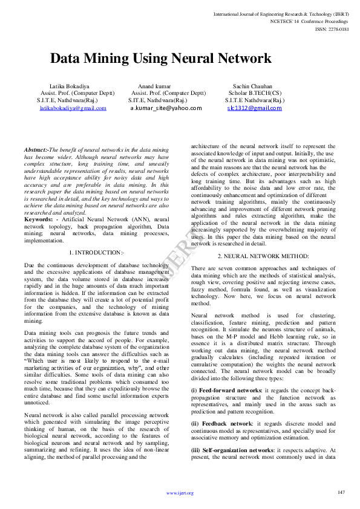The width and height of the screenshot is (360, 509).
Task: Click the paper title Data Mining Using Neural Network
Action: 160,59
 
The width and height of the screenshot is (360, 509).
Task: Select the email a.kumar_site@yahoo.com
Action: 166,108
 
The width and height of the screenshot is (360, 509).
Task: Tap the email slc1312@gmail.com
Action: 254,108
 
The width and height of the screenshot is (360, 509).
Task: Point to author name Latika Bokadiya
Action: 69,86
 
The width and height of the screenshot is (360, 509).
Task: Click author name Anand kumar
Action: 154,86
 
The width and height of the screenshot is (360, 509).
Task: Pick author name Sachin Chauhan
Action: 252,86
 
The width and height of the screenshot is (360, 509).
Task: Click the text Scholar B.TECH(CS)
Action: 255,93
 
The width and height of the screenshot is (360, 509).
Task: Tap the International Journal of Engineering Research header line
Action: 281,13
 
